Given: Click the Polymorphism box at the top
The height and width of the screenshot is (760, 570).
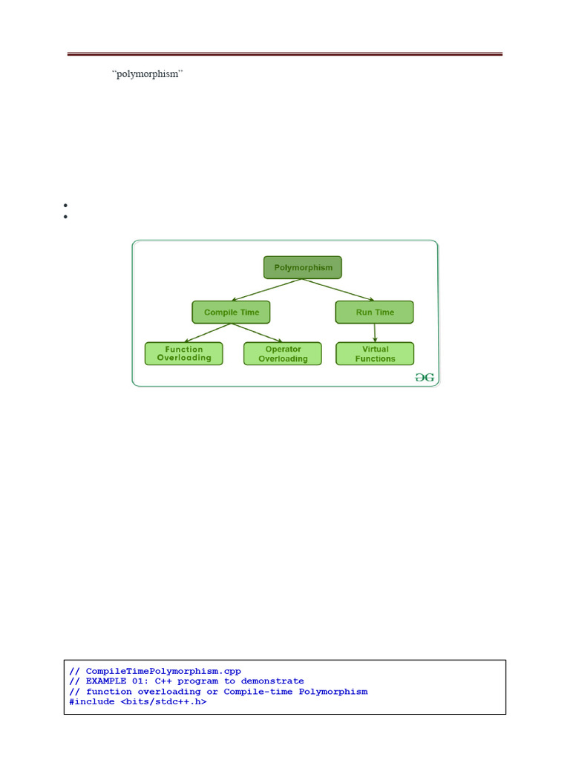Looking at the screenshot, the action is click(x=303, y=267).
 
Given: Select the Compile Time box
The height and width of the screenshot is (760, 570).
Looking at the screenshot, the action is click(x=232, y=312).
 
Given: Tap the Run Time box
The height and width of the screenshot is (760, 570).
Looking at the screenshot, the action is click(x=375, y=312).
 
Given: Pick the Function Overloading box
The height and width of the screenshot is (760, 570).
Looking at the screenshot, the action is click(x=184, y=353).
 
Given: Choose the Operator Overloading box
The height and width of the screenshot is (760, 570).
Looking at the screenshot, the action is click(x=283, y=354).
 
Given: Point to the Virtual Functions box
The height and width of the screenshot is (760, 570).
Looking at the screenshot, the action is click(x=376, y=354).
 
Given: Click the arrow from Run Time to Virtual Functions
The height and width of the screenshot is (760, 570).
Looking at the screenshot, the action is click(x=375, y=332).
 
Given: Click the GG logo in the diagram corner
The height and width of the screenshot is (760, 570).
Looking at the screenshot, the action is click(x=425, y=378).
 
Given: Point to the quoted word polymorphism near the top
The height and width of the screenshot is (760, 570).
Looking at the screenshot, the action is click(x=147, y=76).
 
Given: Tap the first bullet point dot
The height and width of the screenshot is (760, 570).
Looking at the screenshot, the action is click(x=66, y=205).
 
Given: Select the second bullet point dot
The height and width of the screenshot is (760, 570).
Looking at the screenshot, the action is click(x=66, y=217).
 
